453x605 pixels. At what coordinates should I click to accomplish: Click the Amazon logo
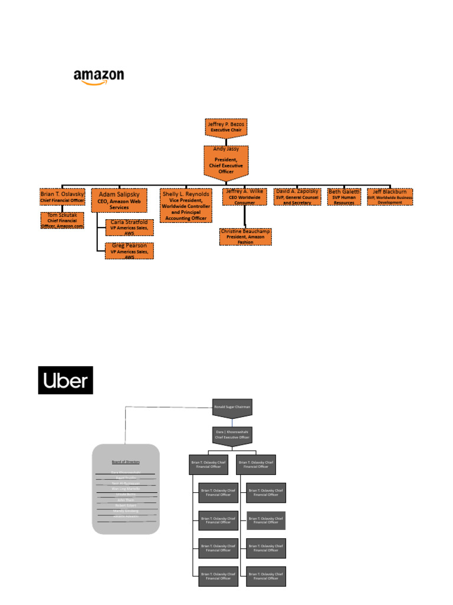99,77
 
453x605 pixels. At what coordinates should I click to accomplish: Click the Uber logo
65,380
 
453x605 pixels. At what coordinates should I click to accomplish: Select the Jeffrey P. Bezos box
226,126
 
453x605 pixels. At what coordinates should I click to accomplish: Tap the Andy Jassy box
226,160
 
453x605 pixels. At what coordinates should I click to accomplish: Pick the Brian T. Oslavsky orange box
63,197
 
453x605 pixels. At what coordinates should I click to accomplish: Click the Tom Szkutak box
63,220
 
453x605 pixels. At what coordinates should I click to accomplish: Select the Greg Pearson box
129,251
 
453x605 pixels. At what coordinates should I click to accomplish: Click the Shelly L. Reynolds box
186,205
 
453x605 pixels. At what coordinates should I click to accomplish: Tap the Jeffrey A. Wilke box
245,197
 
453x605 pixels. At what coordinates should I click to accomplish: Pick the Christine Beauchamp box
245,236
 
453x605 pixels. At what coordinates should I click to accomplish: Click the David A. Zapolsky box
297,197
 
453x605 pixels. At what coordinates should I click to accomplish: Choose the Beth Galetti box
344,197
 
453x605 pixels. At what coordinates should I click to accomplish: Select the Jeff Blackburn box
390,197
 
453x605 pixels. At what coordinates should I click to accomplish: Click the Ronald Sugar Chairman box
232,406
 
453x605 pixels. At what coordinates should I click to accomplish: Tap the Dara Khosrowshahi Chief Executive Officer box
232,435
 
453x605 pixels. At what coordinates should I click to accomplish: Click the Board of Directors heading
126,461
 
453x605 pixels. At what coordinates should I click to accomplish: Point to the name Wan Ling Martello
126,489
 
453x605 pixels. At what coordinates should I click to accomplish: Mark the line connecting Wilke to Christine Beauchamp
244,217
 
